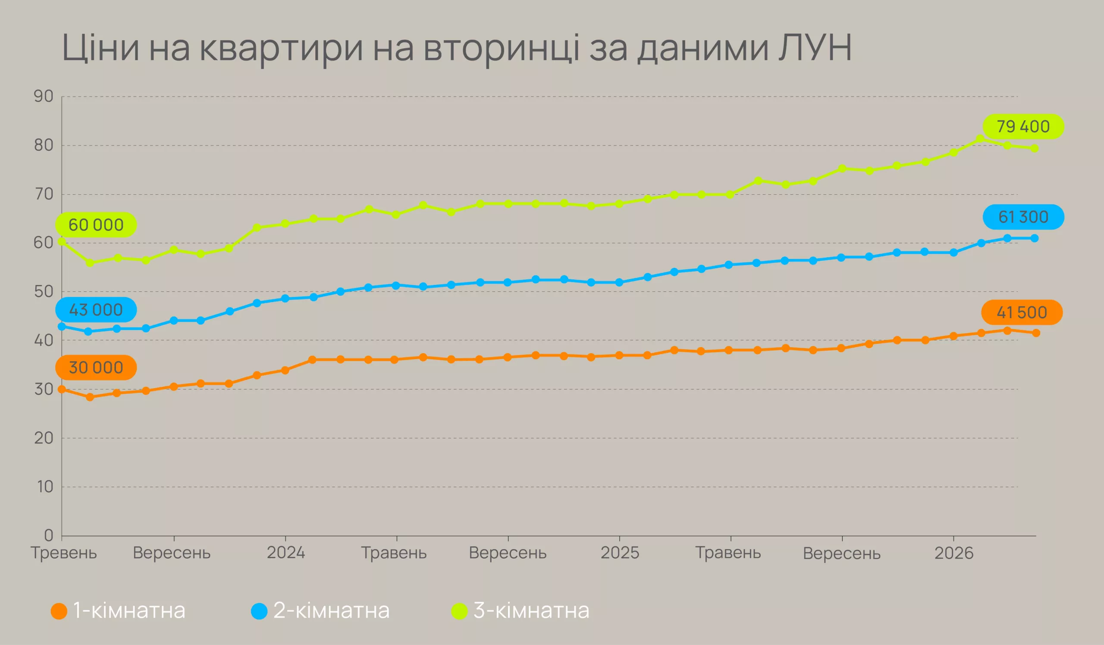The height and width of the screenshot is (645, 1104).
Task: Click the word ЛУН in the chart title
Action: coord(815,47)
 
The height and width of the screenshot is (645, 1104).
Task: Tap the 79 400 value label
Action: coord(1023,127)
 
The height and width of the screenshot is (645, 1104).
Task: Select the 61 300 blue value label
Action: coord(1023,217)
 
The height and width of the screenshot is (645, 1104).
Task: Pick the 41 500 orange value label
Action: coord(1022,313)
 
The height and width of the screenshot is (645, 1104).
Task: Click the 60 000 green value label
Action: coord(96,225)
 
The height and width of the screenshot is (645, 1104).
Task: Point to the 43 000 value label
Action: coord(96,310)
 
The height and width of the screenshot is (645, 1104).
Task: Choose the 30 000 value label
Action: coord(96,367)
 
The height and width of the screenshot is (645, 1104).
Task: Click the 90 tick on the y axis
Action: coord(44,96)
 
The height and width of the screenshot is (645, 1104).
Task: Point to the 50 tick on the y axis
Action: coord(44,291)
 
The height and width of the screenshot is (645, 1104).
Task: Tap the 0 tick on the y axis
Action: coord(48,535)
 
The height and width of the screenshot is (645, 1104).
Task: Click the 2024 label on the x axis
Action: coord(285,553)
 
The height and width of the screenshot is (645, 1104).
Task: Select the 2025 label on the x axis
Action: coord(619,553)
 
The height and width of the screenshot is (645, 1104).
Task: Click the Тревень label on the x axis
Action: coord(63,553)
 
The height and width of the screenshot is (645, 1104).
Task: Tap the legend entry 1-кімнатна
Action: coord(118,611)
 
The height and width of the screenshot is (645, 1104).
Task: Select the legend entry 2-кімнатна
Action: coord(320,611)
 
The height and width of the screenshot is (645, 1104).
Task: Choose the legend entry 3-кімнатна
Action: coord(521,611)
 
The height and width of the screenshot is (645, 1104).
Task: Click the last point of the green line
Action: coord(1035,148)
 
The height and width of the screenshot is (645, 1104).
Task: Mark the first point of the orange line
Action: coord(62,389)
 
